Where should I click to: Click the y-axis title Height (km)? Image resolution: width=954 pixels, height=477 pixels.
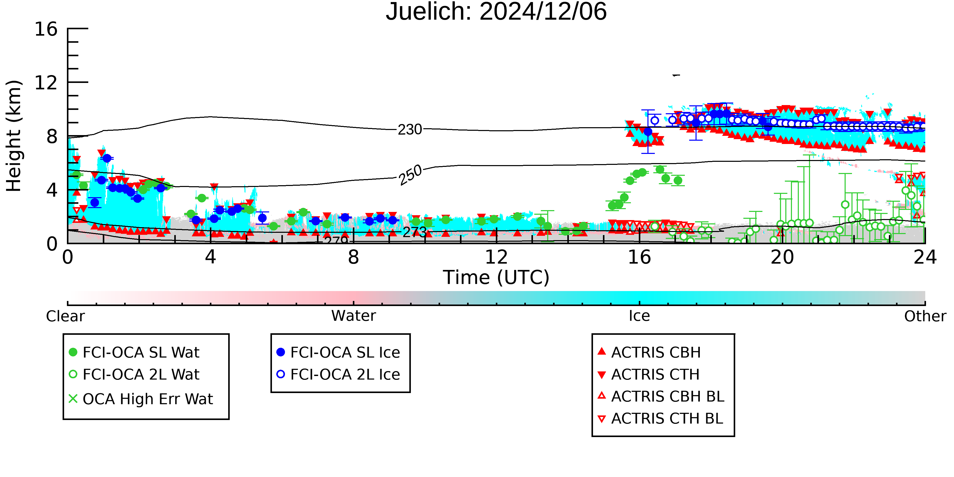14,136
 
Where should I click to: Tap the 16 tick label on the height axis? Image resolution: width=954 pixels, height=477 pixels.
46,29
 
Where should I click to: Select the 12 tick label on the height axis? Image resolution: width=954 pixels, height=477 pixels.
46,83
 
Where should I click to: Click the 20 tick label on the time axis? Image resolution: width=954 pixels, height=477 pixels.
782,257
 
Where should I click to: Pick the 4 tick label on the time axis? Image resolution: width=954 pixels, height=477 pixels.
210,257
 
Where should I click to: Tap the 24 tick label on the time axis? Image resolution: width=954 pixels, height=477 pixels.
925,257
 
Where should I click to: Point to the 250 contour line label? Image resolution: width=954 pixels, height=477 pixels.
410,175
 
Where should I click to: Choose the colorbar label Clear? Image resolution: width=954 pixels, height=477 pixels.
65,316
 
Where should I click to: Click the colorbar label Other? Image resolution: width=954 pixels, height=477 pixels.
925,316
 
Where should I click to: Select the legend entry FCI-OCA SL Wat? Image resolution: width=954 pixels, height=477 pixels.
134,352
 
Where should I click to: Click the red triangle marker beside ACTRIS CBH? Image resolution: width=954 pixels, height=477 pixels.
602,351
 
